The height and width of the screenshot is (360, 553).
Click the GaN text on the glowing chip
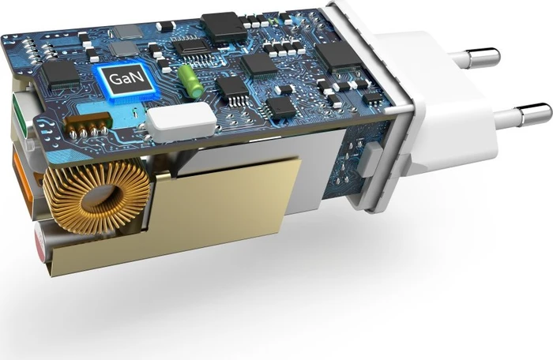coord(126,78)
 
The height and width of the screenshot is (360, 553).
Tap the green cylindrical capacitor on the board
coord(190,81)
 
